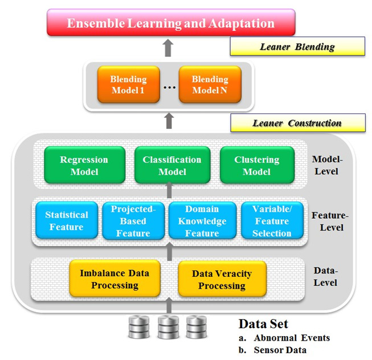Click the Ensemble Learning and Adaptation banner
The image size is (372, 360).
[x=170, y=24]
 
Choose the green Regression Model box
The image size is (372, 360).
[x=84, y=166]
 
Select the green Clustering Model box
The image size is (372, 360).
[x=257, y=166]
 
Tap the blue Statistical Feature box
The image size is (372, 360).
[x=67, y=221]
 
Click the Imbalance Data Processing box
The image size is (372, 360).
[x=115, y=279]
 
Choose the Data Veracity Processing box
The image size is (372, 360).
[x=222, y=279]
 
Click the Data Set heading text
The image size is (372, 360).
[x=263, y=325]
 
